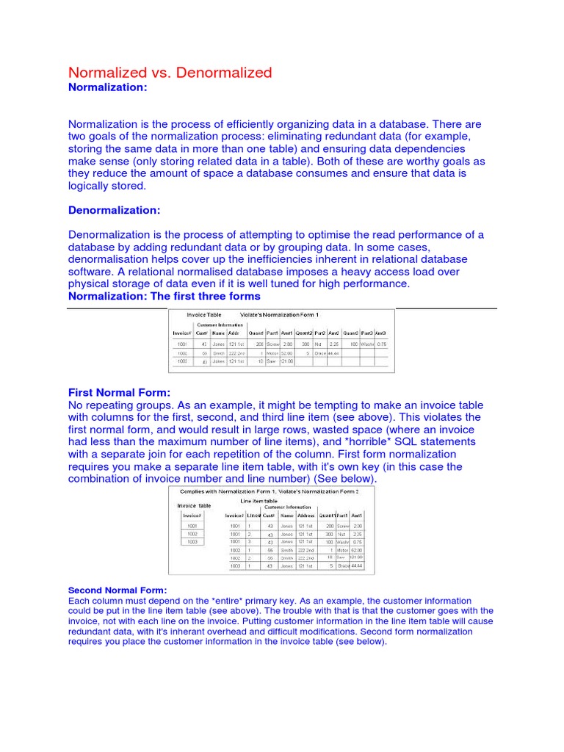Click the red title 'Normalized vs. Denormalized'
click(x=170, y=72)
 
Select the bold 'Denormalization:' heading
click(x=114, y=210)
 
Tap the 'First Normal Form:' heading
click(x=119, y=392)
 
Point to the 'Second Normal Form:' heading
click(x=117, y=590)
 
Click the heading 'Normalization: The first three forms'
click(x=164, y=296)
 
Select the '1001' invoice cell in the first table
click(x=182, y=343)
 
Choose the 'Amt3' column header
click(x=380, y=333)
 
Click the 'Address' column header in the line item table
click(x=305, y=516)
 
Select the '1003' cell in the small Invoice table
click(x=192, y=542)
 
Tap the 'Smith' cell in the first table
click(x=219, y=352)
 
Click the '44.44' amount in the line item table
click(x=356, y=566)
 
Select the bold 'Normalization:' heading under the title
click(x=108, y=87)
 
